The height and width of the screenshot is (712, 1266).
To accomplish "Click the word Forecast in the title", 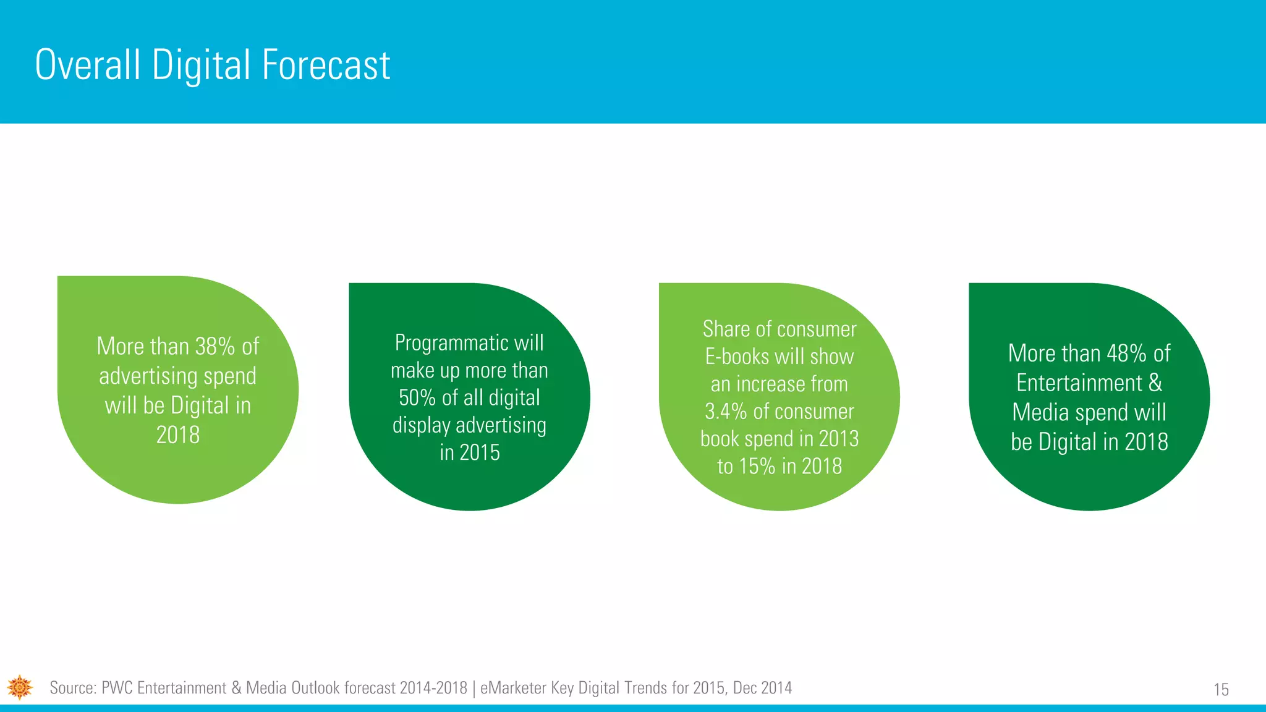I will (x=326, y=65).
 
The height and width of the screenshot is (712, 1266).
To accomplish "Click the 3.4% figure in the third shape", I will (x=726, y=412).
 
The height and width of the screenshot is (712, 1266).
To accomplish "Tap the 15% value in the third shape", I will (x=757, y=467).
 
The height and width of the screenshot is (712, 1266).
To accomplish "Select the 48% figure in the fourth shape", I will (x=1126, y=354).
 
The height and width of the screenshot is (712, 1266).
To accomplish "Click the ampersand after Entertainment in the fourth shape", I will (x=1155, y=383).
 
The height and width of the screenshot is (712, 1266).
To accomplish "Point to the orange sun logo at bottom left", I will (x=20, y=687).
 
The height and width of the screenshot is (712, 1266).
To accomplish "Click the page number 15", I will (x=1221, y=690).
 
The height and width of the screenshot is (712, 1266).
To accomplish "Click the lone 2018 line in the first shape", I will (x=178, y=435).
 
